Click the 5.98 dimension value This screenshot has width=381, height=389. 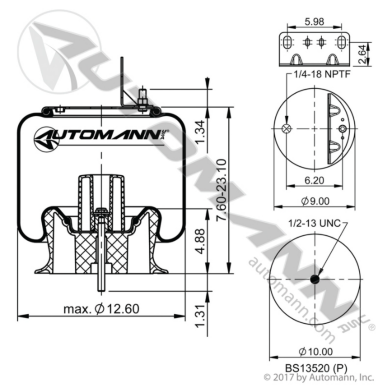(314, 22)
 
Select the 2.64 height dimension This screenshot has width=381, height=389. (362, 54)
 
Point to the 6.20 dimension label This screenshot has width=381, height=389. (314, 180)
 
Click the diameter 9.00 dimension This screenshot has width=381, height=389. (315, 201)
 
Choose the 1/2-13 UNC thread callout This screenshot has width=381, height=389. (314, 223)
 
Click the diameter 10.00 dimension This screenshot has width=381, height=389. (315, 352)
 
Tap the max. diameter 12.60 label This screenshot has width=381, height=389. (101, 309)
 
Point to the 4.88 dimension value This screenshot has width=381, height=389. (201, 241)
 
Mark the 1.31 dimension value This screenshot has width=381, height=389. (201, 316)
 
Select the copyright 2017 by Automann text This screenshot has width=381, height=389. (318, 378)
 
